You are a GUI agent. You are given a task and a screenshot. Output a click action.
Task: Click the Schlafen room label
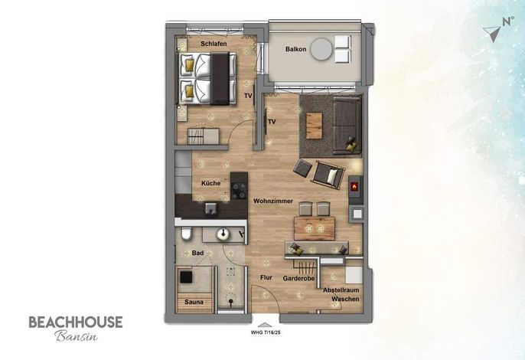coord(214,44)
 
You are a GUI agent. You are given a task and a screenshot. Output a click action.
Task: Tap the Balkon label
coord(295,49)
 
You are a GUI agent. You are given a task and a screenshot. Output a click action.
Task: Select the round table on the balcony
coord(321,49)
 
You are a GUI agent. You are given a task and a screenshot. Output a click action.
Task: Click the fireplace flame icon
coord(354,186)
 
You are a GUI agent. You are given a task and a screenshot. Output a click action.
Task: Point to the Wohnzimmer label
coord(273,201)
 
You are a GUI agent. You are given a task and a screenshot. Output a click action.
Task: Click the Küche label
coord(211,183)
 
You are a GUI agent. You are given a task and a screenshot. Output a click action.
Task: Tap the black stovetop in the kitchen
coord(239,191)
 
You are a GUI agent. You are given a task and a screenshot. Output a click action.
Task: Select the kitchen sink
coord(211,208)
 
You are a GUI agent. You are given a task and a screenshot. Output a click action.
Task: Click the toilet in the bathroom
coord(187,234)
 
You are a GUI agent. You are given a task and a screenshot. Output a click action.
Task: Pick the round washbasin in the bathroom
coord(223,234)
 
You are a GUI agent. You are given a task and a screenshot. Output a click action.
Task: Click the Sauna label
coord(194,302)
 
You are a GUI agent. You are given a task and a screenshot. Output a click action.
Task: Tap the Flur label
coord(266,277)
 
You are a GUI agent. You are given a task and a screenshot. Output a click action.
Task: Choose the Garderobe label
coord(298,278)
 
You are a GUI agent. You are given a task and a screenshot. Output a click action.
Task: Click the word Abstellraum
coord(341,290)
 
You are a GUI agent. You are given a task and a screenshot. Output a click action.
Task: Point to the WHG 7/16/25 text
coord(266,333)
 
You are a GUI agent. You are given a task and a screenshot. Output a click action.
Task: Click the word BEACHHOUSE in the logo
coord(76,322)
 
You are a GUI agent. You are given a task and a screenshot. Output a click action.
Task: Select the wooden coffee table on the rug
coord(314,126)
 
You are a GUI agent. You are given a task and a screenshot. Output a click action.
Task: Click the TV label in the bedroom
coord(248,96)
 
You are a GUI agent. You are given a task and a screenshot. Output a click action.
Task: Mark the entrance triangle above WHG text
coord(265,325)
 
